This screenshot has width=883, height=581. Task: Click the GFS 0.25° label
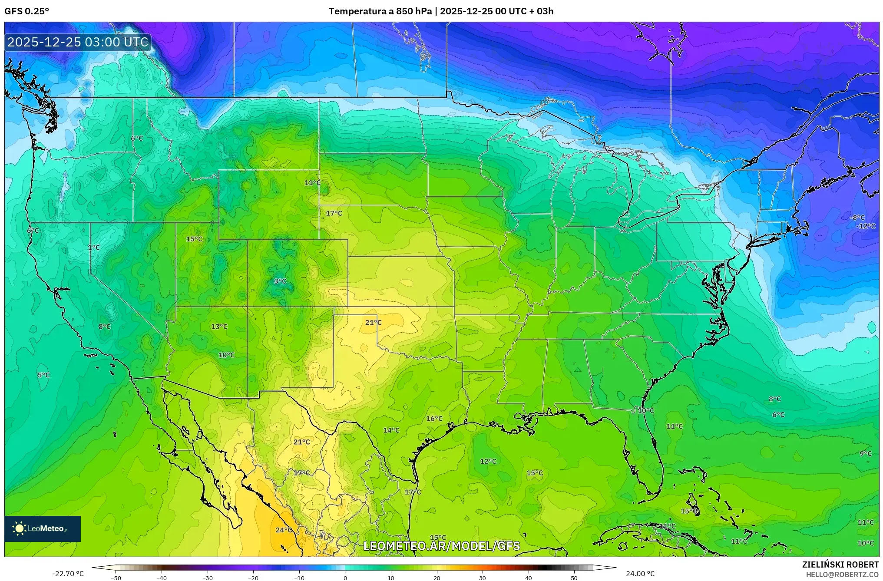[26, 11]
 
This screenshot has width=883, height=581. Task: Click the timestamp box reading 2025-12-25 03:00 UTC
[78, 42]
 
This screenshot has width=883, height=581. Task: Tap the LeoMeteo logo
[42, 528]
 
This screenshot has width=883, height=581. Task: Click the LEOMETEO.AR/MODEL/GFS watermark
[441, 546]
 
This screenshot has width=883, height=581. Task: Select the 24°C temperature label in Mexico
[284, 530]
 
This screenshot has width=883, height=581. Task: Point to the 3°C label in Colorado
[280, 281]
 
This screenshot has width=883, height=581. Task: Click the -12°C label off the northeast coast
[866, 226]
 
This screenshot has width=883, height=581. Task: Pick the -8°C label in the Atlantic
[858, 218]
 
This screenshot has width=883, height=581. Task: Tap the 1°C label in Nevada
[94, 248]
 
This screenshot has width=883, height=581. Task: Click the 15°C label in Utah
[194, 239]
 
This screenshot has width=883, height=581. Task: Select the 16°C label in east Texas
[434, 419]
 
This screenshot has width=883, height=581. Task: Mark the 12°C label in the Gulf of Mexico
[488, 461]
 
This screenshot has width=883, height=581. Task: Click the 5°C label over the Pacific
[43, 375]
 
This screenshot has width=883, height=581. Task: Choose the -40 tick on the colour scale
[162, 578]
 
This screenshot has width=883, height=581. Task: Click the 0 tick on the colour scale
[345, 578]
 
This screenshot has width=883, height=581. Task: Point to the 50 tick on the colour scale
[574, 578]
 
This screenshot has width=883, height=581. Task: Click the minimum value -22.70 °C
[68, 574]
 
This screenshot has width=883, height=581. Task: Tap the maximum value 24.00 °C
[640, 574]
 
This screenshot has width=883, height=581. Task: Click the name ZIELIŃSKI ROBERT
[840, 564]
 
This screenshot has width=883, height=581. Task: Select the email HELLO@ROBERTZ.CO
[842, 574]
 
